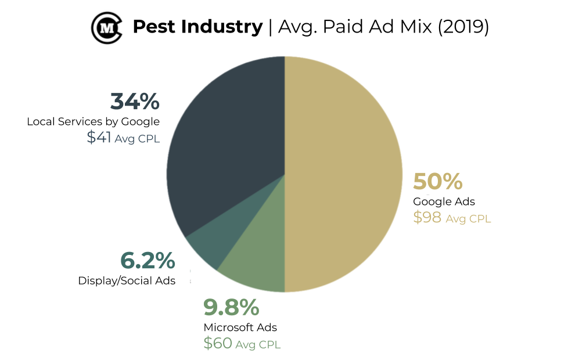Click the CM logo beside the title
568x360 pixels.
tap(106, 27)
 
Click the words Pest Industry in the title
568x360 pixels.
tap(197, 27)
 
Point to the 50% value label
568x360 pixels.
tap(437, 182)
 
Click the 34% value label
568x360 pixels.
tap(135, 102)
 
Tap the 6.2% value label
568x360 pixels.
tap(148, 261)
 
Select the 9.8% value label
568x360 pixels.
tap(231, 306)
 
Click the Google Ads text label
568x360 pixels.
tap(444, 201)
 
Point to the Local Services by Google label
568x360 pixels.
tap(93, 121)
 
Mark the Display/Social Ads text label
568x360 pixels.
tap(127, 281)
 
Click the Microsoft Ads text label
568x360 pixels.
tap(240, 327)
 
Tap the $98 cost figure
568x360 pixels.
tap(427, 218)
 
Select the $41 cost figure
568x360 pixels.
tap(99, 138)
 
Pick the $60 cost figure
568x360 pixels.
tap(217, 343)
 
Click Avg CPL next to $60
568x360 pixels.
tap(258, 344)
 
